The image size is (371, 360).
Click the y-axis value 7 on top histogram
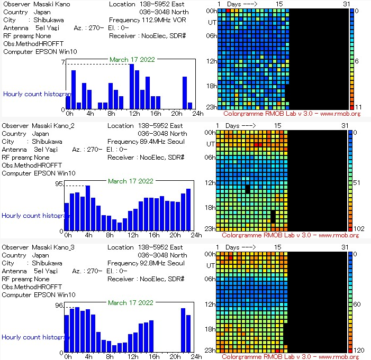tap(62, 62)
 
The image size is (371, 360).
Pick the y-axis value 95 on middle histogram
tap(60, 184)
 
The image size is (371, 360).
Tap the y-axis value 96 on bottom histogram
tap(60, 306)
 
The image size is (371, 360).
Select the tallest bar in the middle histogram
tap(88, 208)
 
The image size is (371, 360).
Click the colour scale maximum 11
tap(357, 107)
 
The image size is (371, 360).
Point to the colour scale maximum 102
tap(359, 228)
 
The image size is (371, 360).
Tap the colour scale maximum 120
tap(359, 350)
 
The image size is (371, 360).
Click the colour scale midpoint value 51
tap(358, 183)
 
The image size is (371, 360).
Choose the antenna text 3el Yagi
tap(47, 150)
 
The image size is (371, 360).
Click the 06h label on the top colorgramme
tap(212, 35)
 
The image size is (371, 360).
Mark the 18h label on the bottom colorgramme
tap(211, 329)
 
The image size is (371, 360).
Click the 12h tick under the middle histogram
tap(133, 235)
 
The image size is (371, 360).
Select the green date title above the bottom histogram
tap(131, 303)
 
